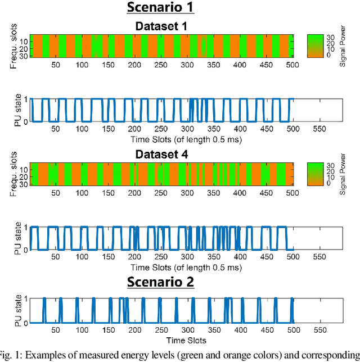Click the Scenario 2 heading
[x=160, y=281]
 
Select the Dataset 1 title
[x=160, y=26]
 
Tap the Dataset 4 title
[x=160, y=153]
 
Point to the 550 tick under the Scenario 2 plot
[x=319, y=331]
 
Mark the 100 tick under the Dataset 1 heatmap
[x=82, y=65]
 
